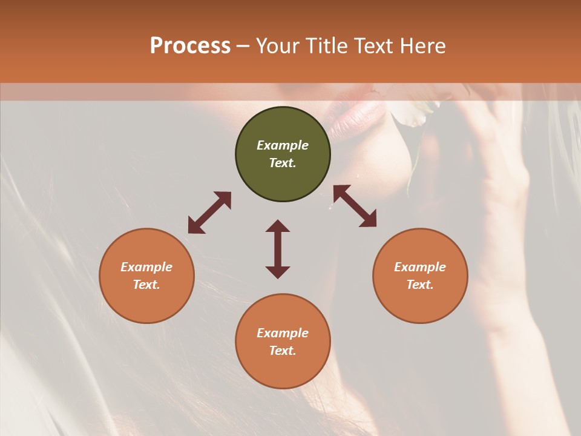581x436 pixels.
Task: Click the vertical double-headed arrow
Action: pyautogui.click(x=278, y=249)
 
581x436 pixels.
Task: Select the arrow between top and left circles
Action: pyautogui.click(x=209, y=213)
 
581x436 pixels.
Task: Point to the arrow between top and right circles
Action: pyautogui.click(x=355, y=206)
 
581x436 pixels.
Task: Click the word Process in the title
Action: pyautogui.click(x=190, y=45)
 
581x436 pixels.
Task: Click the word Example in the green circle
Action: pyautogui.click(x=283, y=145)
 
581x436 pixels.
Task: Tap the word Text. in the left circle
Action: pyautogui.click(x=146, y=285)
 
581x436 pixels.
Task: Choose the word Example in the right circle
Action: pyautogui.click(x=420, y=267)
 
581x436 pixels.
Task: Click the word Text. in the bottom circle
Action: pyautogui.click(x=283, y=351)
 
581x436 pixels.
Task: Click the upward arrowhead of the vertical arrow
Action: pyautogui.click(x=278, y=226)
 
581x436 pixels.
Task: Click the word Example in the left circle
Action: pyautogui.click(x=146, y=267)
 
